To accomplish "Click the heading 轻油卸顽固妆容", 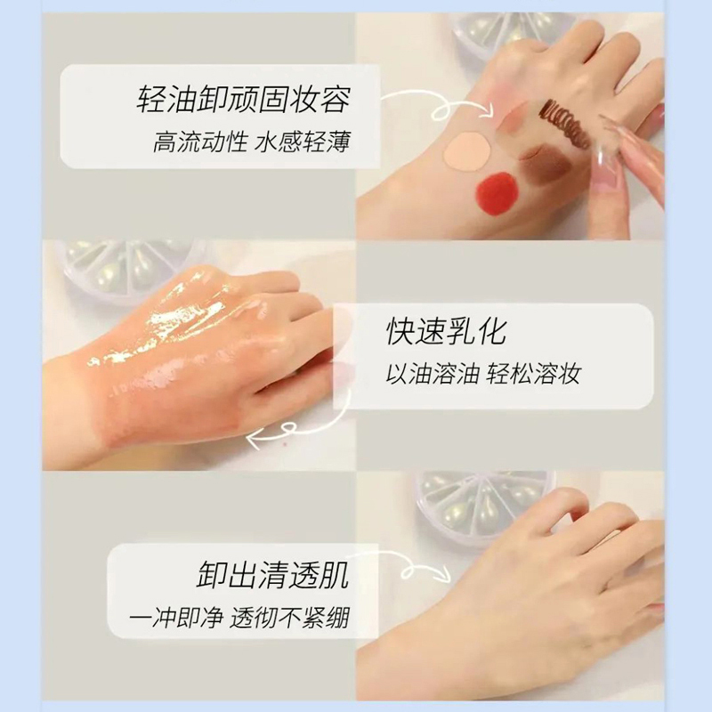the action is tap(243, 98).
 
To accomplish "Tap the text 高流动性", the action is tap(199, 142).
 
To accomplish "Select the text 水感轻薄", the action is tap(303, 142).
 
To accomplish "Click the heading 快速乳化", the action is tap(446, 331).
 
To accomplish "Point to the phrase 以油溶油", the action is tap(433, 375).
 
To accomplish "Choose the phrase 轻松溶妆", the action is tap(534, 375).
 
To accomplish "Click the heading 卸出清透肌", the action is tap(273, 574).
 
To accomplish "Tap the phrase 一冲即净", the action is tap(176, 619).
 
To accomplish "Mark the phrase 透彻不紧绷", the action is tap(290, 619).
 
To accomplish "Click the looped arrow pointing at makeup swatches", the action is tap(439, 104).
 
